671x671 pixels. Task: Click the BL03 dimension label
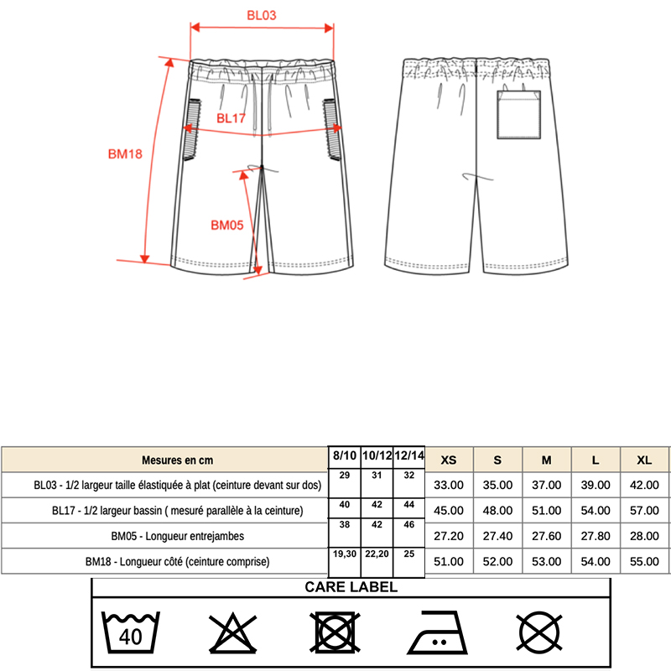point(262,14)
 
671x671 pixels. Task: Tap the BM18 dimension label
point(125,153)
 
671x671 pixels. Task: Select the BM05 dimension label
point(226,225)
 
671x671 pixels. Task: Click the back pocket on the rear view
point(519,115)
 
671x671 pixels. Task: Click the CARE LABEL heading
point(351,587)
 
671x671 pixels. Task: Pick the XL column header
point(644,460)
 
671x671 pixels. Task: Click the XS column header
point(449,460)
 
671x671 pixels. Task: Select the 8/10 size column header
point(344,455)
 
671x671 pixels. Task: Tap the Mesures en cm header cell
point(178,460)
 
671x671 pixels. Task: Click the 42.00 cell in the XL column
point(644,485)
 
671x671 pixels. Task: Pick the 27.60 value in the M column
point(546,535)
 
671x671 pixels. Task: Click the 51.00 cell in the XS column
point(449,561)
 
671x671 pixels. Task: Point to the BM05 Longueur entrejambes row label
point(177,535)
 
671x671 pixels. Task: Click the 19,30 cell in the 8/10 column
point(344,555)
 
